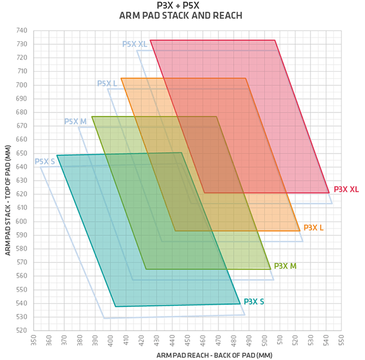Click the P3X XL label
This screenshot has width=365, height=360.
click(346, 189)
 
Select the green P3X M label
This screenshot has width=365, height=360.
click(285, 266)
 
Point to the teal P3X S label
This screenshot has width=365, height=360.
click(254, 302)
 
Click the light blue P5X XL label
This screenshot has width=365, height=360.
click(135, 44)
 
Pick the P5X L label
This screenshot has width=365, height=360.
click(107, 84)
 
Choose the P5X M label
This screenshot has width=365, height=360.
click(75, 122)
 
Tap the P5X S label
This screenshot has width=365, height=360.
click(45, 161)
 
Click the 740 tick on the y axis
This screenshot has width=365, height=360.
click(22, 31)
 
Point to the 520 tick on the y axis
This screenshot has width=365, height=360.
click(22, 331)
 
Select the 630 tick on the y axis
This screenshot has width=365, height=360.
click(22, 181)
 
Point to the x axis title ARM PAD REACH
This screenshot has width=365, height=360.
click(214, 355)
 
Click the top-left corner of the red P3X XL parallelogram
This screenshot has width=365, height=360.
click(150, 40)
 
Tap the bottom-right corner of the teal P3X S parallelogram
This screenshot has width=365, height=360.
click(240, 304)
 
